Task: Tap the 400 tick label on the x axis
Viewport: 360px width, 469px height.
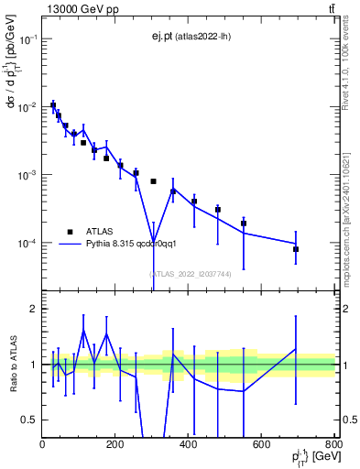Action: coord(189,445)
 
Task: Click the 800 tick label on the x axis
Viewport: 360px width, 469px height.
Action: coord(333,445)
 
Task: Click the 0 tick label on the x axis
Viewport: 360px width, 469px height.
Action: coord(42,445)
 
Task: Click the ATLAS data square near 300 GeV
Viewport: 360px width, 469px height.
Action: coord(153,181)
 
